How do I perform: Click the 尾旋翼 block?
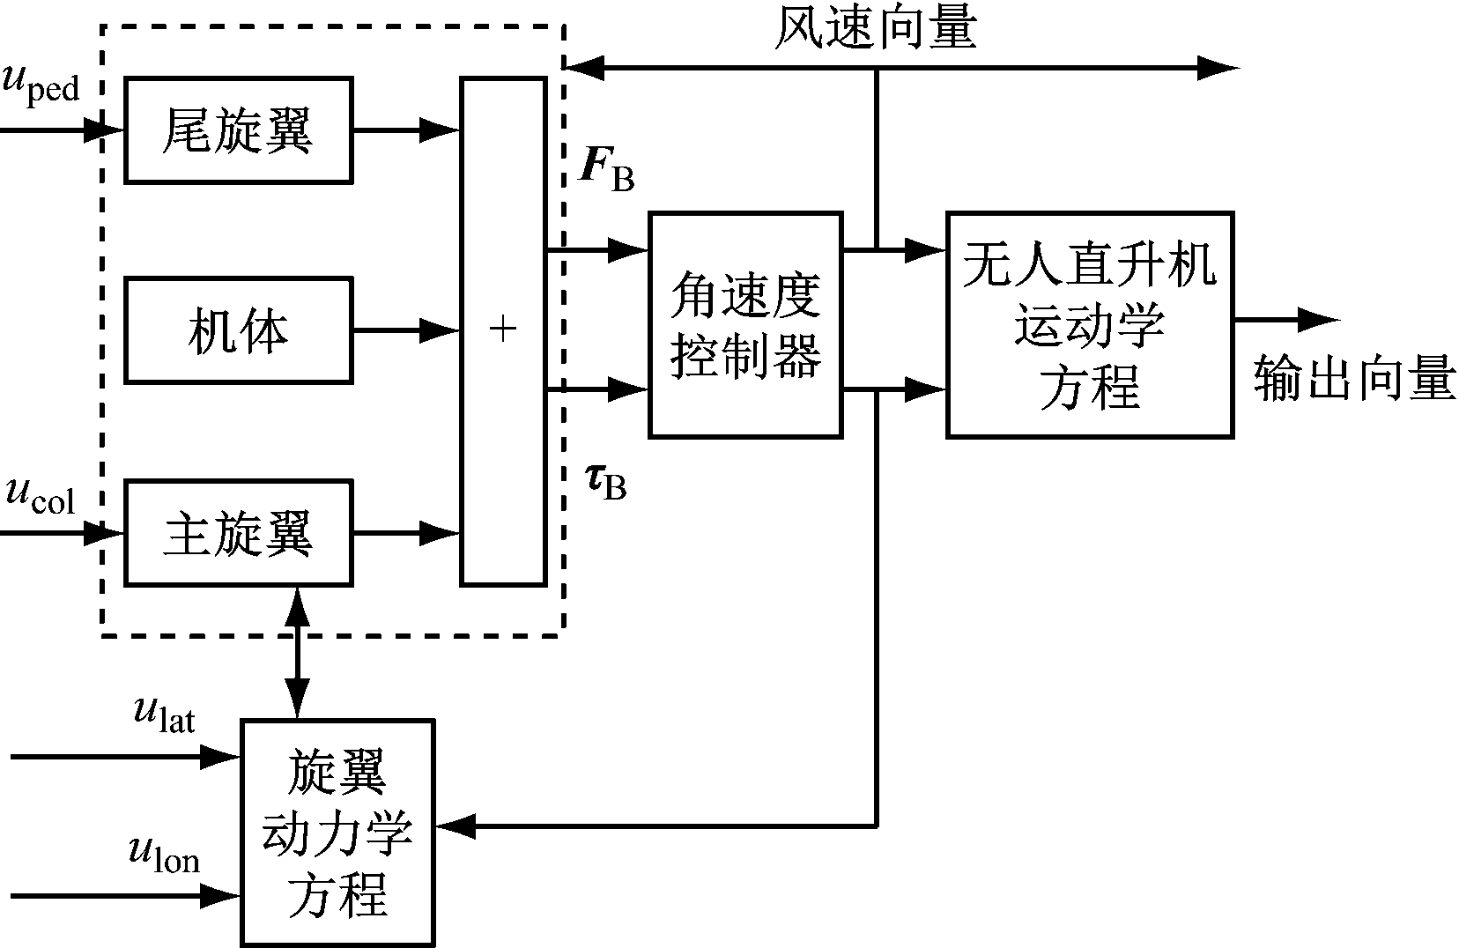point(239,130)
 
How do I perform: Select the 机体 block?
point(239,330)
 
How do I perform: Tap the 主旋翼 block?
point(239,533)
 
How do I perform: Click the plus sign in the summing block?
point(503,330)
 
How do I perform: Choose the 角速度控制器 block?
point(745,324)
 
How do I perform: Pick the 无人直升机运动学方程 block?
point(1090,324)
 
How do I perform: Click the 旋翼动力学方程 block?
point(338,832)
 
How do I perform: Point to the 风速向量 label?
point(876,28)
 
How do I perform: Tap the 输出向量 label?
point(1353,379)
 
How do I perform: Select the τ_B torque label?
point(606,480)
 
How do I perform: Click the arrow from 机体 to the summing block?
point(406,331)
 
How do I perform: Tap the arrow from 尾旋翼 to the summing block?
point(406,130)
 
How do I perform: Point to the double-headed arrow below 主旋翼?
point(297,652)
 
